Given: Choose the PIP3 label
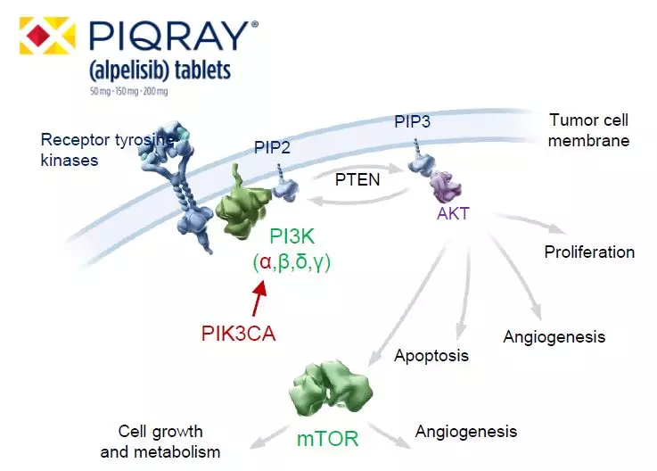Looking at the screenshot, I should click(x=413, y=121).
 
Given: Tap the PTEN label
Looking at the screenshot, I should click(x=357, y=178).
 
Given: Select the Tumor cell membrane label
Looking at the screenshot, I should click(x=589, y=130).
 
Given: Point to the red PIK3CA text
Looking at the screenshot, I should click(x=239, y=335).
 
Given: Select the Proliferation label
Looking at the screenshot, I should click(x=589, y=252).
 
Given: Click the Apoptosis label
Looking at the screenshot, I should click(x=431, y=356).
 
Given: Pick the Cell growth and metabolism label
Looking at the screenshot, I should click(x=160, y=442).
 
